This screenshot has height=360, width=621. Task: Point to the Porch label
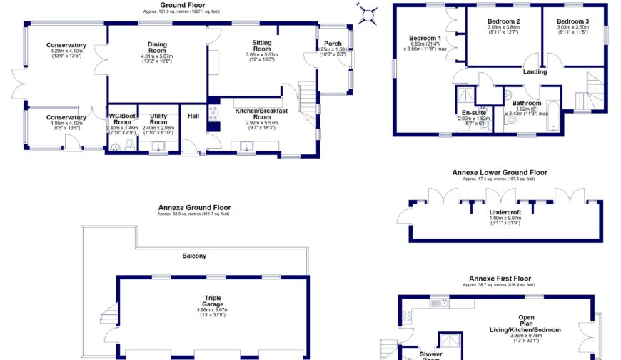(x=333, y=44)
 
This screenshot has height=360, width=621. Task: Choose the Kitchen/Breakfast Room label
(x=263, y=114)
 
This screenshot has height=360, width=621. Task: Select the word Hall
(x=193, y=116)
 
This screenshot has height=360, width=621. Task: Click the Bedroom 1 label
(x=425, y=38)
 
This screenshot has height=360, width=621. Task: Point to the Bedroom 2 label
(x=503, y=21)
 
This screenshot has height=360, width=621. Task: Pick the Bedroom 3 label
(x=573, y=21)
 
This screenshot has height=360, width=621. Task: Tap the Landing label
(x=535, y=71)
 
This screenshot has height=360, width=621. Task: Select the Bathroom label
(x=527, y=103)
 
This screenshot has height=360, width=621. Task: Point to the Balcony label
(x=194, y=255)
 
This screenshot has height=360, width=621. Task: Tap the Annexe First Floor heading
(x=500, y=278)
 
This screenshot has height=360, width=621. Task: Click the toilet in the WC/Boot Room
(x=128, y=145)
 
